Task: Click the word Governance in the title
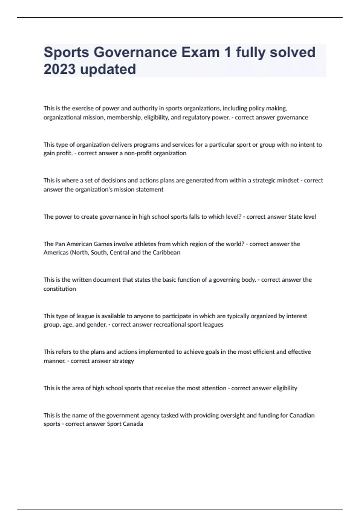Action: (135, 52)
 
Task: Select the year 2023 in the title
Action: (59, 69)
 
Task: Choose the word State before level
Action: (295, 217)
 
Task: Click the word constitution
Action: (60, 289)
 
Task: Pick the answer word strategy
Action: (123, 361)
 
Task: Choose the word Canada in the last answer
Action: (133, 424)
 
